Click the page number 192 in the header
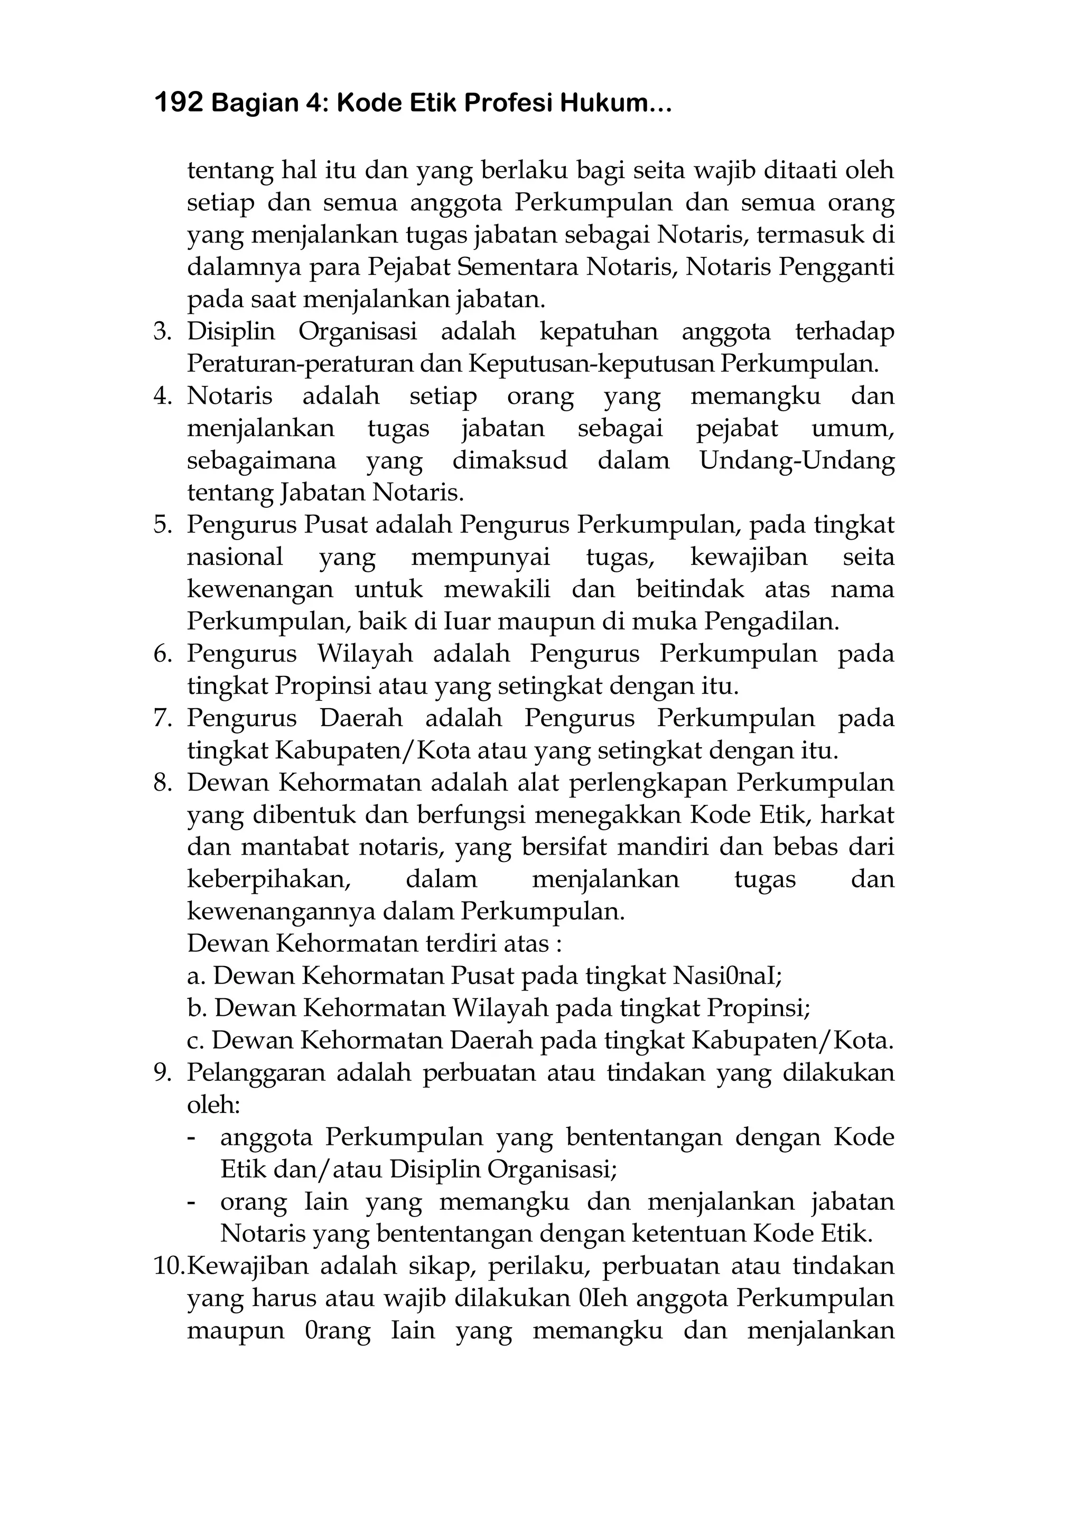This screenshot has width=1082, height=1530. tap(178, 104)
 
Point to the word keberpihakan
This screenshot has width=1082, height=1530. tap(268, 879)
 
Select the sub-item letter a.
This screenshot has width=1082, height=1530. tap(194, 977)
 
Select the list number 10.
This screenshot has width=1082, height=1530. tap(168, 1267)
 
